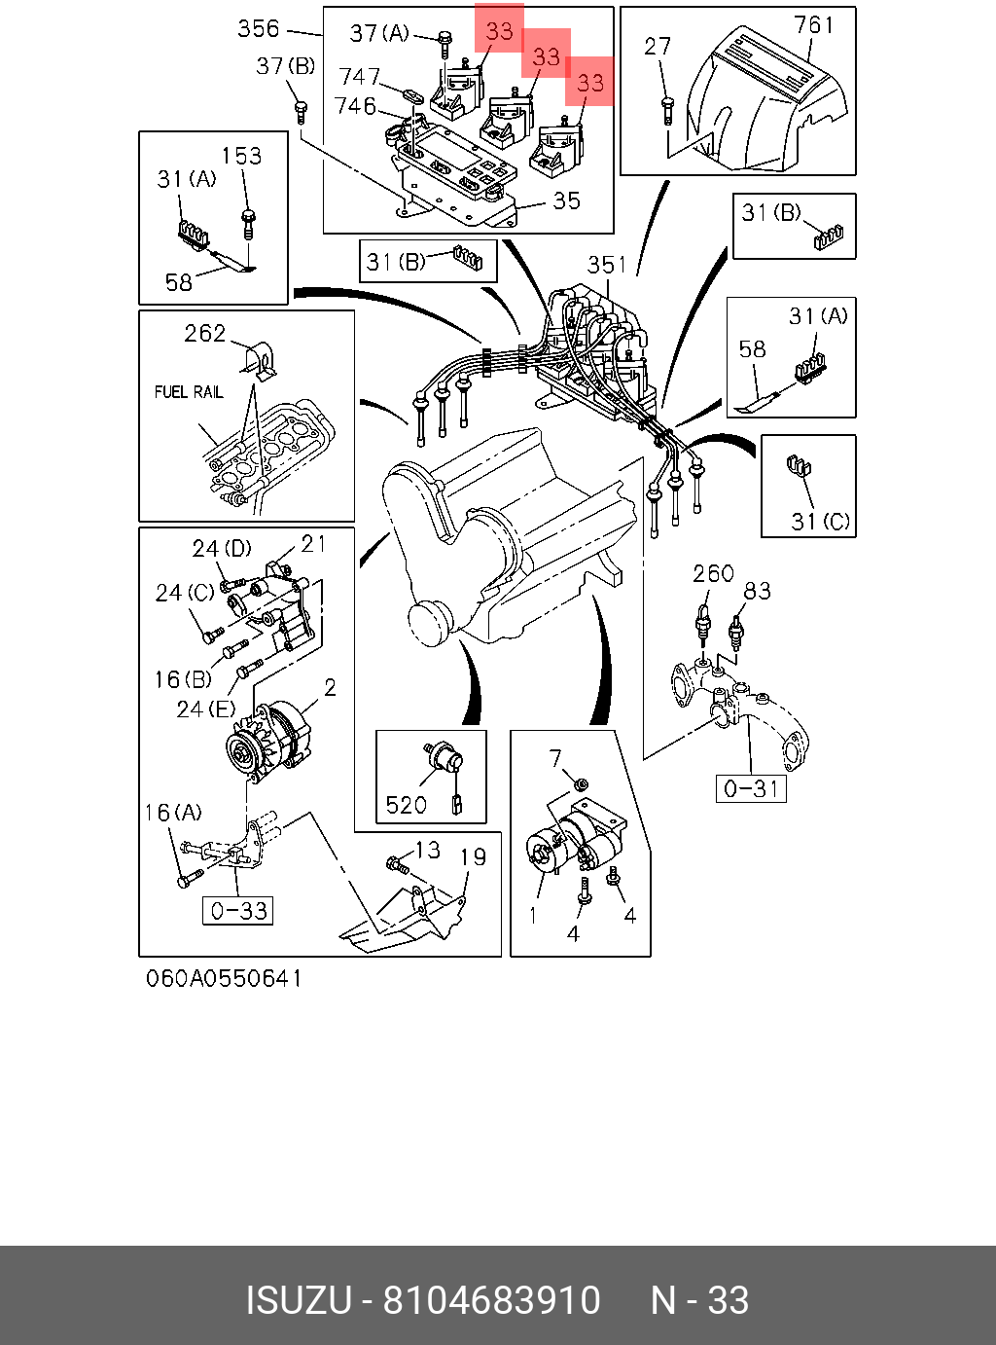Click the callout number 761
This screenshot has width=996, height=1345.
[x=814, y=24]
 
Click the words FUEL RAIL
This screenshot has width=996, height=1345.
[x=189, y=392]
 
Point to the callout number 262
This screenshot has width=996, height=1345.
[x=205, y=334]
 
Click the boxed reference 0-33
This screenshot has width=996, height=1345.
[x=238, y=911]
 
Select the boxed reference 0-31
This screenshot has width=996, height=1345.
[x=752, y=788]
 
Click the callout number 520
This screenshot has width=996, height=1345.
[x=406, y=805]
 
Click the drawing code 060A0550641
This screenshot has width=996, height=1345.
[x=224, y=978]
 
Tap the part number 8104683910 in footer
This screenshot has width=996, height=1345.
[x=491, y=1300]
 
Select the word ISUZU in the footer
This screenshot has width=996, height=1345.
[x=298, y=1300]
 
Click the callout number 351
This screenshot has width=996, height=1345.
[x=607, y=265]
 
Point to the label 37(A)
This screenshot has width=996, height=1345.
[x=379, y=34]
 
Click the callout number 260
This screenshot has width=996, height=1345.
[x=713, y=573]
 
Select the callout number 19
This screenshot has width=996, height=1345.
[x=473, y=857]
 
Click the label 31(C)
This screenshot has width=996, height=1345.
[x=821, y=522]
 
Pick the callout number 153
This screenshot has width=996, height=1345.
[x=241, y=156]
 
